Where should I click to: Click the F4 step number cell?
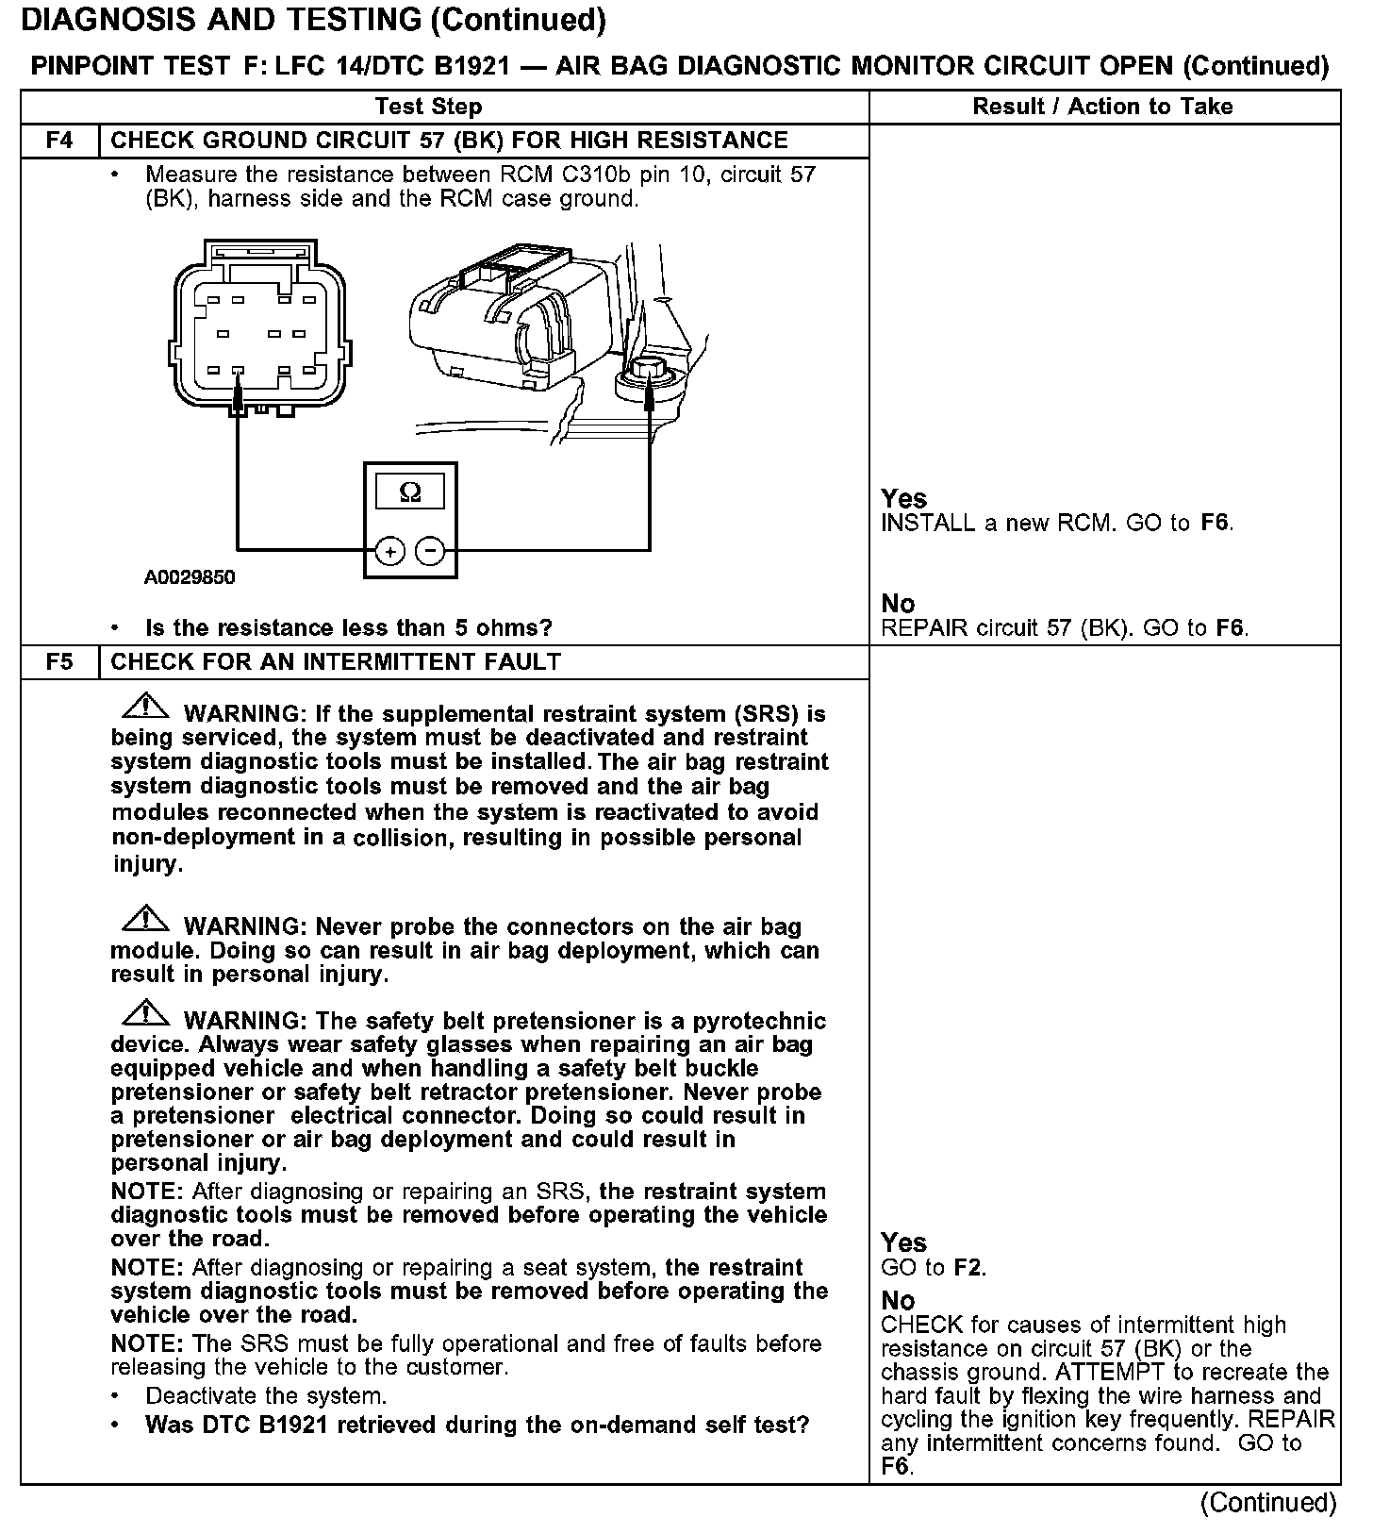[58, 141]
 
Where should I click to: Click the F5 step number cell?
[58, 662]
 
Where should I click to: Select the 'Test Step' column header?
[428, 107]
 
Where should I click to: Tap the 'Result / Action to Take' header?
[1102, 107]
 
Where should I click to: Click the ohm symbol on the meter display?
[410, 492]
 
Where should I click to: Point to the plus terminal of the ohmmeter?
[389, 551]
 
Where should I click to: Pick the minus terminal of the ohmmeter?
[430, 551]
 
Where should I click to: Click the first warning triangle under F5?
[145, 707]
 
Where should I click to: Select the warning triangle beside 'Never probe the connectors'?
[145, 919]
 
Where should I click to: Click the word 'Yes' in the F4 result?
[903, 498]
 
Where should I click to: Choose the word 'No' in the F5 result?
[898, 1301]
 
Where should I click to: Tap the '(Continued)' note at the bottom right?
[1268, 1502]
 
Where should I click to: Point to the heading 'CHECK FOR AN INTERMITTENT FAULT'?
[336, 662]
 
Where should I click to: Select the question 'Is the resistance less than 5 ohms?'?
[348, 628]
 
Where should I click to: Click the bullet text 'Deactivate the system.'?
[266, 1396]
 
